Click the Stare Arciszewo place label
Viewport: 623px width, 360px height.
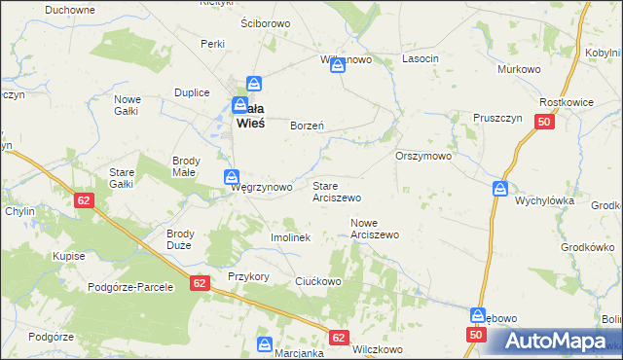(x=336, y=191)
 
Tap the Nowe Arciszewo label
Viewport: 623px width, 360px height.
(x=375, y=229)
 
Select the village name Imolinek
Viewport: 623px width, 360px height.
(x=289, y=237)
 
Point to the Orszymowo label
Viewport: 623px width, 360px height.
(x=423, y=156)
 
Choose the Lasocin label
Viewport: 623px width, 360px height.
(x=421, y=59)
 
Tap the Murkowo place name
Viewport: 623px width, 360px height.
(x=518, y=70)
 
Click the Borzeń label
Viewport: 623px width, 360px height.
(x=307, y=126)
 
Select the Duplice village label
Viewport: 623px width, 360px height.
(x=193, y=92)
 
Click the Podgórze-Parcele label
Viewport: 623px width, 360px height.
(x=130, y=287)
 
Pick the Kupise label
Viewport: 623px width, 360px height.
(x=69, y=256)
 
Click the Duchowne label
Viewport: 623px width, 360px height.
(x=70, y=10)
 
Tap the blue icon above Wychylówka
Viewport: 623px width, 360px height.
(x=499, y=188)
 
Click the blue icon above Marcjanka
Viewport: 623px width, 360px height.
(x=265, y=343)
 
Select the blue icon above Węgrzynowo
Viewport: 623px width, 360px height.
(x=232, y=176)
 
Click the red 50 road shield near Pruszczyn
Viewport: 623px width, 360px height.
(x=544, y=122)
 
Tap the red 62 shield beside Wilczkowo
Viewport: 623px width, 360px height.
(x=338, y=338)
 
